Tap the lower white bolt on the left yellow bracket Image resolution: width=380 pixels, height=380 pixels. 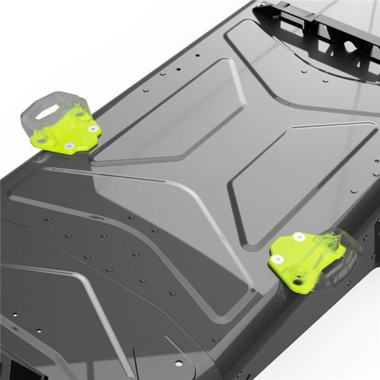(x=69, y=145)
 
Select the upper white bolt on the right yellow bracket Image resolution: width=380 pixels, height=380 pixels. (x=299, y=237)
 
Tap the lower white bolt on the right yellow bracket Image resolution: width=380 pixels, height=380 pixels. (x=278, y=259)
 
